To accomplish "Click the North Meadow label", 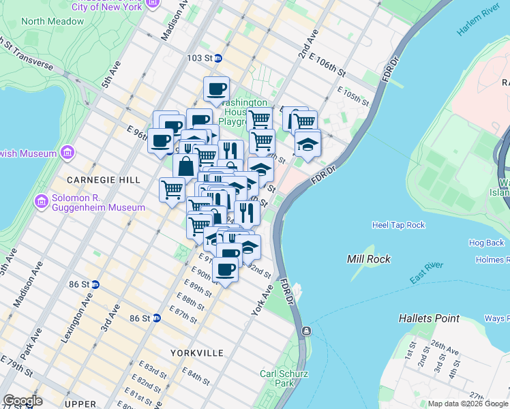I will pos(52,21).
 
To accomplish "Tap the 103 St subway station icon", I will pos(218,59).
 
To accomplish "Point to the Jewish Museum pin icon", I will pos(67,151).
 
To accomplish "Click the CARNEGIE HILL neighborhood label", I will pos(94,180).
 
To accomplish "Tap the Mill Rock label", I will pos(369,259).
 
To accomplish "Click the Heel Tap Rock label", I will pos(398,225).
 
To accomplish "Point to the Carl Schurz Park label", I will pos(284,378).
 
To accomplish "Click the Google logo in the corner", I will pos(22,401).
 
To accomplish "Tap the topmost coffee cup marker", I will pos(216,89).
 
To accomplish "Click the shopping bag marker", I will pos(185,166).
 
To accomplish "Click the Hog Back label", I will pos(486,243).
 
